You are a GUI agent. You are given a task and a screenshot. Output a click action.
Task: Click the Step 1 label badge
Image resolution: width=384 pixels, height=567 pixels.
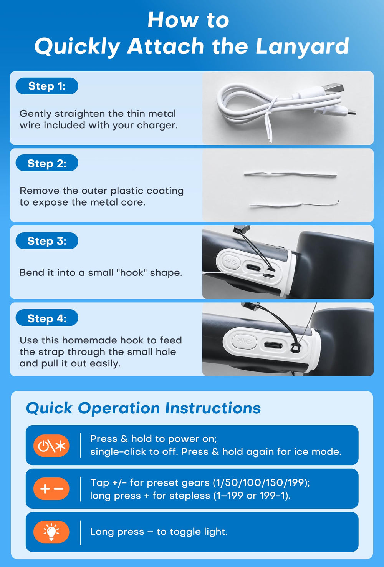coord(47,86)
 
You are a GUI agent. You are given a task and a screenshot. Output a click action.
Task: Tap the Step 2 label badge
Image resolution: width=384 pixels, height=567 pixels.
coord(47,163)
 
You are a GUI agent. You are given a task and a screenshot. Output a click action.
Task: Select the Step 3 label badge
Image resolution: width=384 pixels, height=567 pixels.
coord(47,241)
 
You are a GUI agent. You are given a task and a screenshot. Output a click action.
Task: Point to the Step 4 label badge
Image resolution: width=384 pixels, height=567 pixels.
coord(47,318)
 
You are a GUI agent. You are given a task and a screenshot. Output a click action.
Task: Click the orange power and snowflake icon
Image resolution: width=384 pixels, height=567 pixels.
coord(51,446)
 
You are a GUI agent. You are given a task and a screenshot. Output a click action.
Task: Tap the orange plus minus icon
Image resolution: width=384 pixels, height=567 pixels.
coord(51,489)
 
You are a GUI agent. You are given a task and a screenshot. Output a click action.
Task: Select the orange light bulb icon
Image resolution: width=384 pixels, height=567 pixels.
coord(51,532)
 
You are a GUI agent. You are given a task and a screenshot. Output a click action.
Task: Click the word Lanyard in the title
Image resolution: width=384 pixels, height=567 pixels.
coord(302,46)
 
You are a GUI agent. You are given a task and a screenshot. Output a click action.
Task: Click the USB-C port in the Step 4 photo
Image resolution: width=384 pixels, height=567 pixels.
coord(273,345)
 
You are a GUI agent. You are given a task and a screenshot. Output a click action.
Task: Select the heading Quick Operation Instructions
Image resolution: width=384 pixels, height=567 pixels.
coord(144,408)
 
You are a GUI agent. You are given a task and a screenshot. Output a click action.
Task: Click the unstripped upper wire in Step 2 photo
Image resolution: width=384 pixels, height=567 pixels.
coord(290,174)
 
